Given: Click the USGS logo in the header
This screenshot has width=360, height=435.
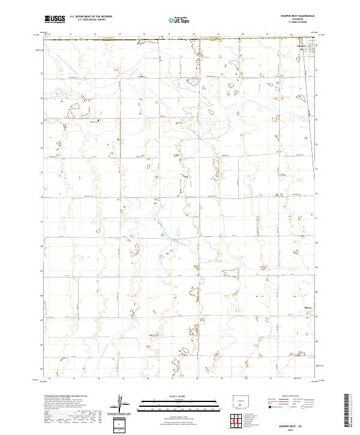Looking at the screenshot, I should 55,19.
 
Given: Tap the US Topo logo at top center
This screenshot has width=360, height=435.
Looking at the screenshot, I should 175,20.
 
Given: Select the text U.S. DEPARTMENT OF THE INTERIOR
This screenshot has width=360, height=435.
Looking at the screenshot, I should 91,17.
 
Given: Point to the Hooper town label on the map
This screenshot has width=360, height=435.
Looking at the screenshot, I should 302,46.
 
